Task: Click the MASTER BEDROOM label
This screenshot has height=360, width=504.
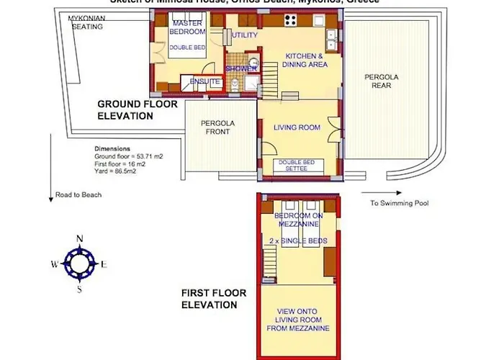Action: coord(187,27)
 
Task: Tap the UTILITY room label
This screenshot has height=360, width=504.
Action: coord(245,35)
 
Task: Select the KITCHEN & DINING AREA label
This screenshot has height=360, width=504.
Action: coord(307,60)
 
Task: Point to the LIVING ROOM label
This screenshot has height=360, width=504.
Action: coord(297,128)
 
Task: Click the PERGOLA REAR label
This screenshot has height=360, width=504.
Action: coord(382,81)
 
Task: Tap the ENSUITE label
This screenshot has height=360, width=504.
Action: coord(206,82)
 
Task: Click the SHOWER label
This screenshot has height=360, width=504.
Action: coord(241,68)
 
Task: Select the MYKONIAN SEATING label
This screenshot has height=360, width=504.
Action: coord(86,22)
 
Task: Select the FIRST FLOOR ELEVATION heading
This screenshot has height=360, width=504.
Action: coord(215,299)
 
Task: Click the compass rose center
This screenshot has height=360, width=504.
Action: coord(79,264)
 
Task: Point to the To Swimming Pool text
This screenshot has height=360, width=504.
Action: coord(400,203)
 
